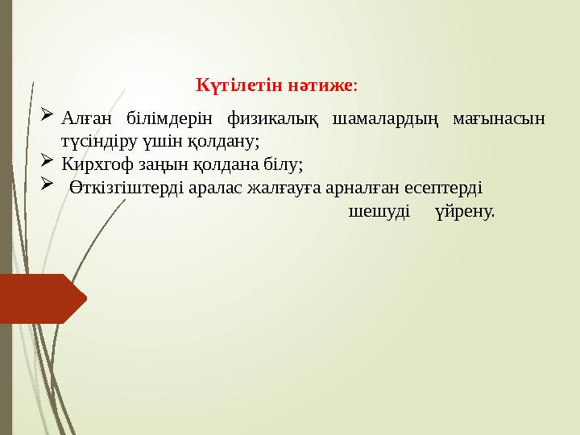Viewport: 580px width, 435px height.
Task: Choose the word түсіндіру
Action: (95, 142)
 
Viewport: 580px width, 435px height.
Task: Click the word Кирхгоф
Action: (95, 166)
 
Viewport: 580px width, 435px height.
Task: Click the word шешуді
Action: (379, 213)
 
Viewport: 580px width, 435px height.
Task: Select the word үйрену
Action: (464, 213)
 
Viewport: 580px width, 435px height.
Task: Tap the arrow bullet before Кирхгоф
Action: (47, 164)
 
